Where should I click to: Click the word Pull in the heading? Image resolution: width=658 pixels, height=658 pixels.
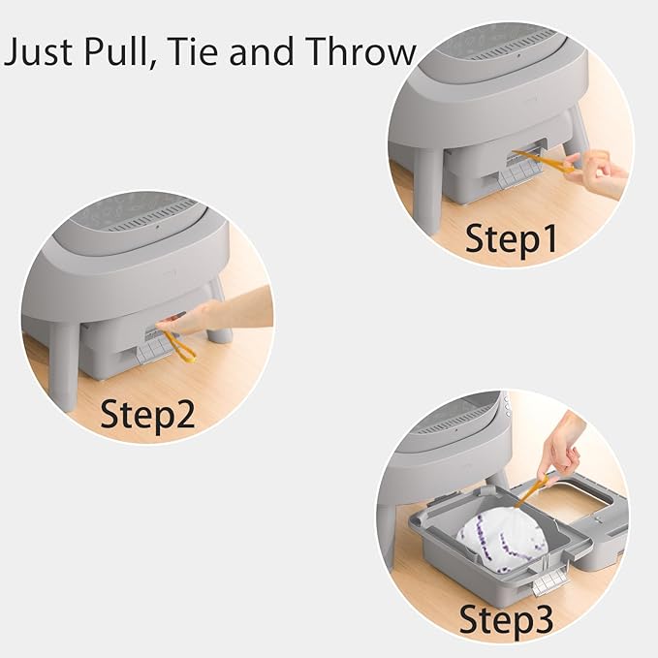118,51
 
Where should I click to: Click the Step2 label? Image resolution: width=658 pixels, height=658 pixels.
147,414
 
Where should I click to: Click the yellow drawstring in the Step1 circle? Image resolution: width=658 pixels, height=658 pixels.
543,162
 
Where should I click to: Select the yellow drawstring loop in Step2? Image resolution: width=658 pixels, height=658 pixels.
179,346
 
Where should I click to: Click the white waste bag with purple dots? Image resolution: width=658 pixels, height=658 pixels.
501,536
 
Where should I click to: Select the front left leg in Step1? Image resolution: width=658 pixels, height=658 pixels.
428,189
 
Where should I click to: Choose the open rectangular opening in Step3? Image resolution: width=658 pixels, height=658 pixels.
567,500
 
